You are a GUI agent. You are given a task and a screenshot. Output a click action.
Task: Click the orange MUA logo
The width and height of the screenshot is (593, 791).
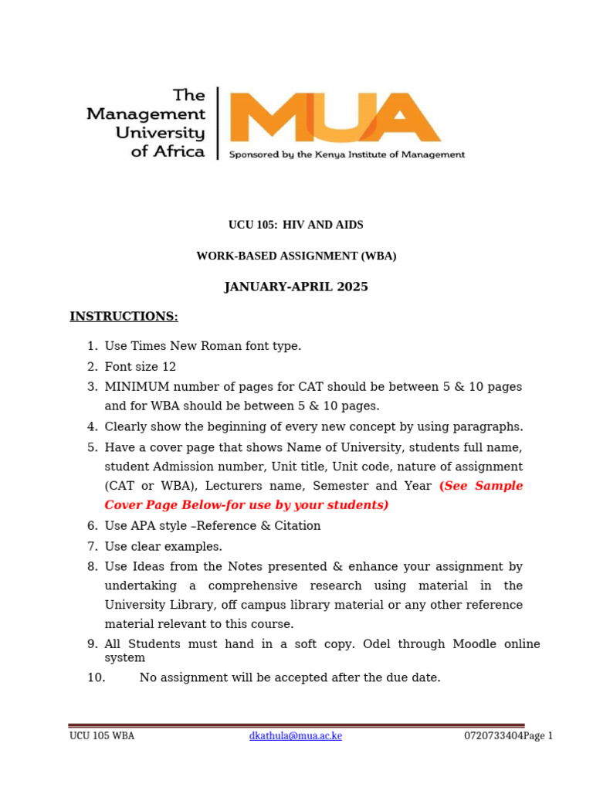(336, 117)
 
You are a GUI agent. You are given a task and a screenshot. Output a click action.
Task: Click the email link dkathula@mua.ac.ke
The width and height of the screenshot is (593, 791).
(295, 735)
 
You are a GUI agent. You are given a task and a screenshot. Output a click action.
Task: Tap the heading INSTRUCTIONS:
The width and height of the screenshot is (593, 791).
(124, 317)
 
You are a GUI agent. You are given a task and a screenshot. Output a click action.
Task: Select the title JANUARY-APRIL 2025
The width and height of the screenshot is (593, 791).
(296, 287)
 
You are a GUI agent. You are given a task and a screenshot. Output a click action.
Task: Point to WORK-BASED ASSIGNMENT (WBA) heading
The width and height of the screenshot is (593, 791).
(296, 256)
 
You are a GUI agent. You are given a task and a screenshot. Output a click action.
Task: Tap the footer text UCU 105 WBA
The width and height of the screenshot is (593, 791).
(102, 735)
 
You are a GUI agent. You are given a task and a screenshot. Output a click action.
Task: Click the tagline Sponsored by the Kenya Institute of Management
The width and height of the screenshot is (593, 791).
(347, 154)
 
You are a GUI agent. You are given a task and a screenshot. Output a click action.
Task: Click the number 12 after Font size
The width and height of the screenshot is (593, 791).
(169, 366)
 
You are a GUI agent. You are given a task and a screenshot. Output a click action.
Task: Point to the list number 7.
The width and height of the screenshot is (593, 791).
(92, 546)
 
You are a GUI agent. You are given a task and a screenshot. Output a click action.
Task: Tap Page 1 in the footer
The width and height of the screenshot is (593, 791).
(538, 735)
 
